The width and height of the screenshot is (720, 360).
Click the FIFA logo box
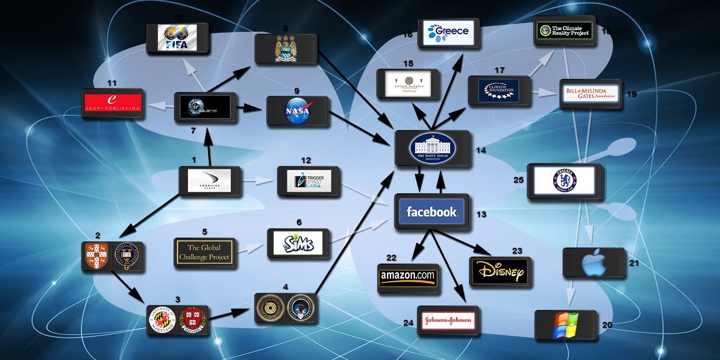pyautogui.click(x=178, y=38)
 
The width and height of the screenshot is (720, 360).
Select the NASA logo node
pyautogui.click(x=297, y=111)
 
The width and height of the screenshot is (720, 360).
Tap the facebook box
pyautogui.click(x=431, y=212)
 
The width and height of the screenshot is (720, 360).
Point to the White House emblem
pyautogui.click(x=433, y=148)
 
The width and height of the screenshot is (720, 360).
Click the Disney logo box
pyautogui.click(x=500, y=272)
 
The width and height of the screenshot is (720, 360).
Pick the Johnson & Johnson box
pyautogui.click(x=448, y=320)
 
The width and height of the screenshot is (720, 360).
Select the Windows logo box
pyautogui.click(x=565, y=325)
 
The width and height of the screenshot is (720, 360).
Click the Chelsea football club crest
pyautogui.click(x=564, y=181)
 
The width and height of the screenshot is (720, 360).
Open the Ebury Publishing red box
pyautogui.click(x=113, y=103)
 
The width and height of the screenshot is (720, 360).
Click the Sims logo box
pyautogui.click(x=298, y=244)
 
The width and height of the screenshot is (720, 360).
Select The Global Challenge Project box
pyautogui.click(x=204, y=253)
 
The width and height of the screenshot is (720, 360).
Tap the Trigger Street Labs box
pyautogui.click(x=308, y=181)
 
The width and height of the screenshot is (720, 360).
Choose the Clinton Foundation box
pyautogui.click(x=499, y=90)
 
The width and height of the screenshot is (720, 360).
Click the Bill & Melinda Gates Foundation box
pyautogui.click(x=590, y=94)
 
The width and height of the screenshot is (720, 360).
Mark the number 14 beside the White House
pyautogui.click(x=481, y=150)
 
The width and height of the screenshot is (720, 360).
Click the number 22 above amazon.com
pyautogui.click(x=391, y=257)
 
